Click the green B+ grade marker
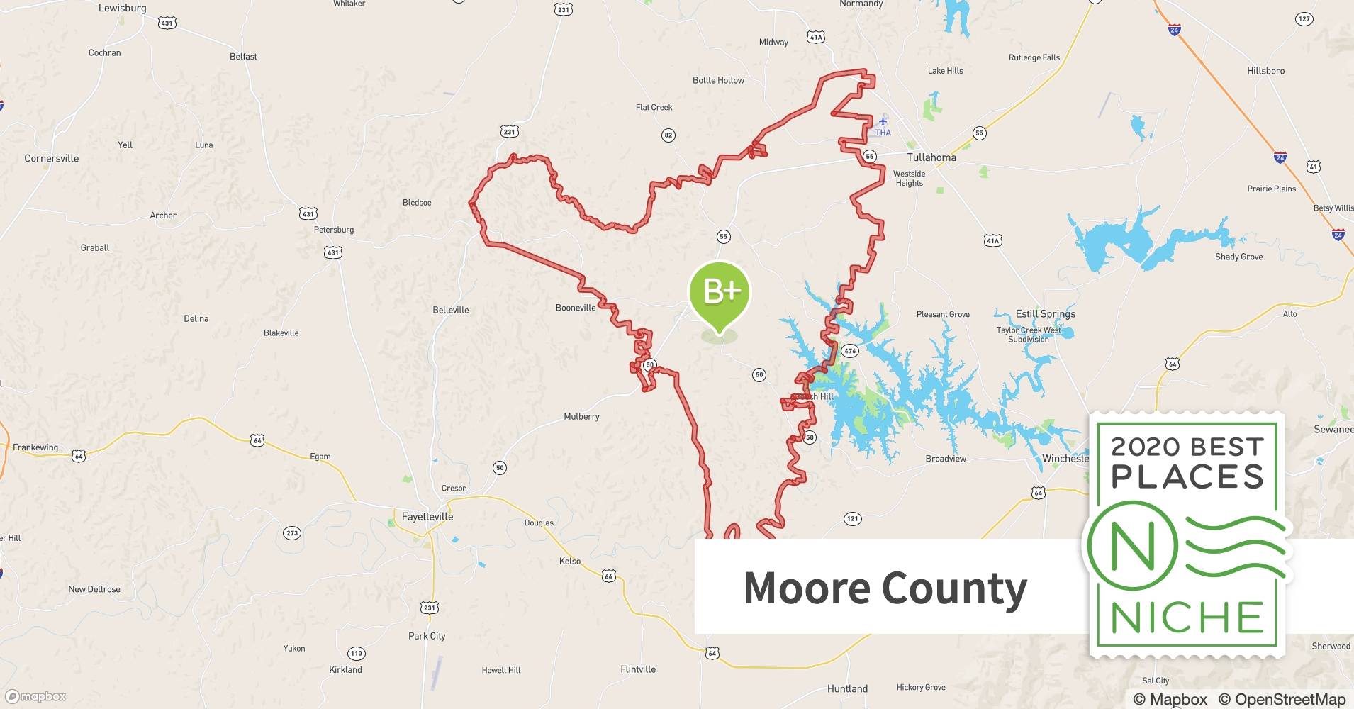719,292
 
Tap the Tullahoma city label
931,157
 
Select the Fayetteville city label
427,517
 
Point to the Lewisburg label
122,8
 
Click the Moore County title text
885,588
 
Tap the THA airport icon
883,122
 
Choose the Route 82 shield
668,135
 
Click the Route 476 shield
850,351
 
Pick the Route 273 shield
292,533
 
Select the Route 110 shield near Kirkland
356,653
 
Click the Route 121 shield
852,518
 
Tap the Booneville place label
576,308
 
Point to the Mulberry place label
581,416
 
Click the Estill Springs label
1045,313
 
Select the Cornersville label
52,158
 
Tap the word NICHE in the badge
1187,618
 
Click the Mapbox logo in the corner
35,696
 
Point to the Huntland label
847,688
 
